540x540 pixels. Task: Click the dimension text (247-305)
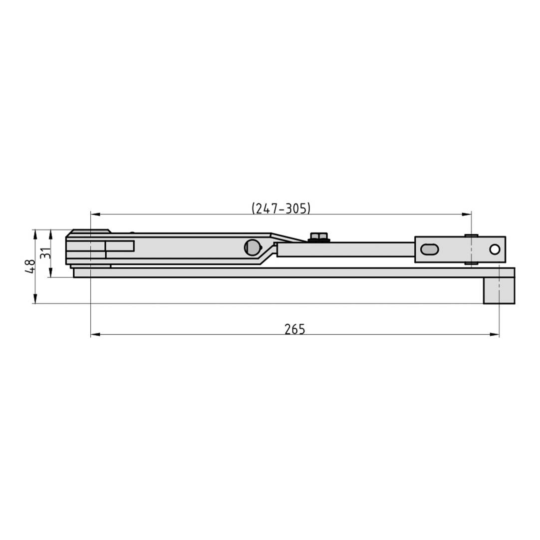click(281, 208)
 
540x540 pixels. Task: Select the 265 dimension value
click(294, 329)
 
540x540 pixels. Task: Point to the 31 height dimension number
click(45, 253)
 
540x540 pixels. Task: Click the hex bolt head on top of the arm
click(318, 236)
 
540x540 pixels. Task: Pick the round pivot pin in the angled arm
click(253, 247)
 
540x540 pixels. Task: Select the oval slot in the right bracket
click(429, 249)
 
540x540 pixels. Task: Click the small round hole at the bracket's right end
click(495, 249)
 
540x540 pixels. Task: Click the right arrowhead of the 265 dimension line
click(495, 334)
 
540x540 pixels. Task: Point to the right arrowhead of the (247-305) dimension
click(467, 214)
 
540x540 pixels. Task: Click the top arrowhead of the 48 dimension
click(35, 233)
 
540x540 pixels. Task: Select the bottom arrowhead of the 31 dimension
click(51, 273)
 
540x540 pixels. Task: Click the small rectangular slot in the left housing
click(120, 246)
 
